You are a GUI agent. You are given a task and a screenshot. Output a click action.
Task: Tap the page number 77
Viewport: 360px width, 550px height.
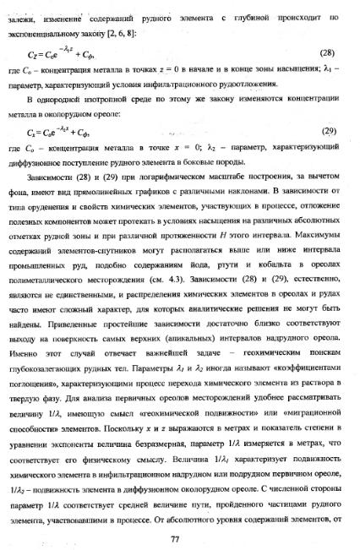pos(176,515)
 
